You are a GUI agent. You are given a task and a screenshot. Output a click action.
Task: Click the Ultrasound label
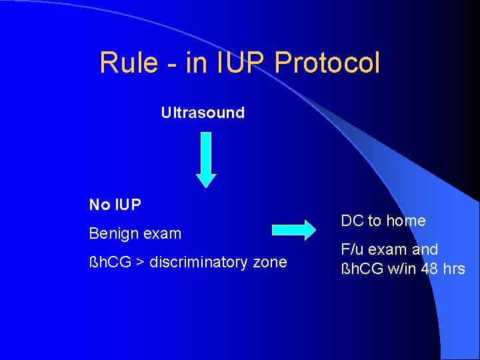(x=203, y=113)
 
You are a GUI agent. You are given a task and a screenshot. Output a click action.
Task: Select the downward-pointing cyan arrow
(x=207, y=159)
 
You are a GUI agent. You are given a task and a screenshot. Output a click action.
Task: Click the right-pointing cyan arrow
(x=294, y=230)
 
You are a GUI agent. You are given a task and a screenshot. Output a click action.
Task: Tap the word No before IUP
(x=99, y=205)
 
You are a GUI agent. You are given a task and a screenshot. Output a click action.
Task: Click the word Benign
(x=111, y=234)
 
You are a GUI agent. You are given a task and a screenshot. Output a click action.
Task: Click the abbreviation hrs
(x=453, y=269)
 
